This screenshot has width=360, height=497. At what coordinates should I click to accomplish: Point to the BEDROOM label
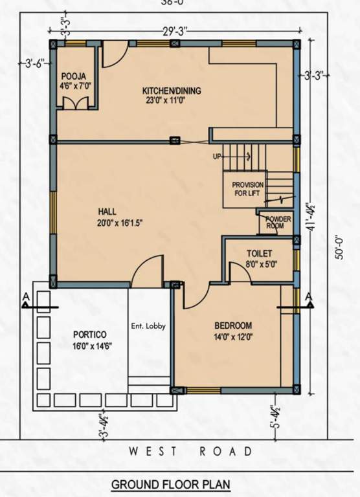pyautogui.click(x=234, y=325)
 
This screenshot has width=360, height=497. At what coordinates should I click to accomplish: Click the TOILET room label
pyautogui.click(x=259, y=253)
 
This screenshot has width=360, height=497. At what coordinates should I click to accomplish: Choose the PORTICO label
pyautogui.click(x=90, y=334)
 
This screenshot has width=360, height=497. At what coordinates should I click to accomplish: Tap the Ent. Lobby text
pyautogui.click(x=148, y=326)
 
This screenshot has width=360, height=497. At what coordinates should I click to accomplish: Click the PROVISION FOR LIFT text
pyautogui.click(x=248, y=189)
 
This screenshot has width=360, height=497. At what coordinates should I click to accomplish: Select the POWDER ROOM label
pyautogui.click(x=278, y=223)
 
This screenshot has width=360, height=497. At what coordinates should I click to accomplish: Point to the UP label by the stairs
pyautogui.click(x=218, y=157)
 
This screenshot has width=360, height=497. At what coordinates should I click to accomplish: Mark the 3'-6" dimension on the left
pyautogui.click(x=32, y=63)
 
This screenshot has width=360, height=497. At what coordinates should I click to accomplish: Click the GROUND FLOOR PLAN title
pyautogui.click(x=170, y=484)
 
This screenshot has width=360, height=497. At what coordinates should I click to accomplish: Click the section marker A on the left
pyautogui.click(x=25, y=297)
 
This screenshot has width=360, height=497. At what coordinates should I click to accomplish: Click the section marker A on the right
pyautogui.click(x=309, y=297)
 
